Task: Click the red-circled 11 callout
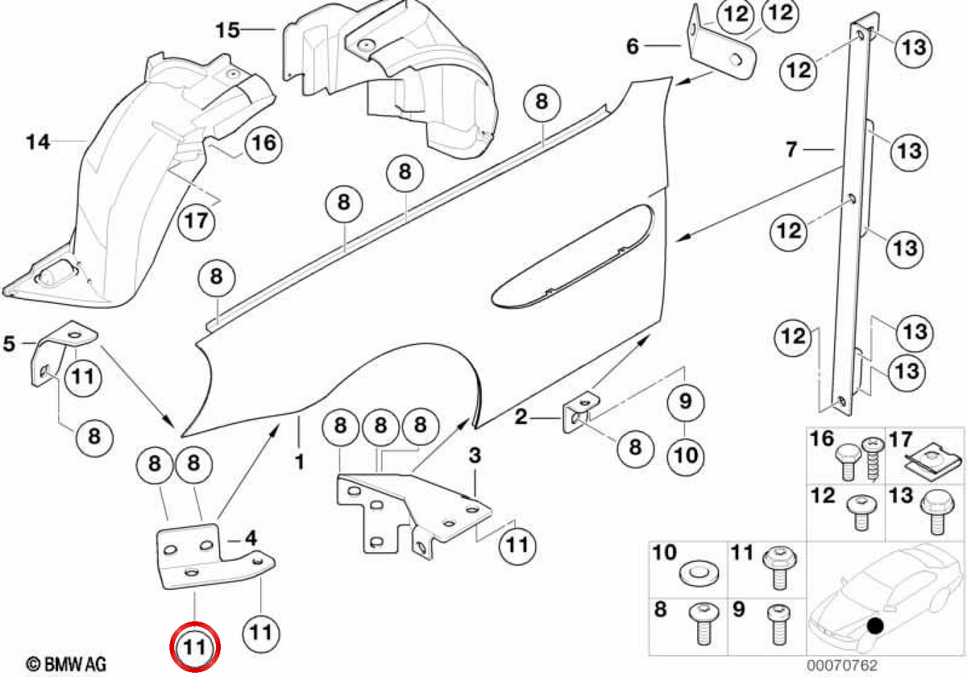[195, 646]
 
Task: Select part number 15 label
[228, 31]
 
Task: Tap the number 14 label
[38, 142]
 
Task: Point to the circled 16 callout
[264, 143]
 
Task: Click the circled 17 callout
[197, 221]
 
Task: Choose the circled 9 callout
[686, 401]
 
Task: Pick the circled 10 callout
[686, 455]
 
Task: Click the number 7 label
[791, 149]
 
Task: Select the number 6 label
[633, 46]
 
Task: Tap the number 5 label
[9, 343]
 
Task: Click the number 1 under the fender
[300, 462]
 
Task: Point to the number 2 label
[521, 417]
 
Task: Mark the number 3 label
[475, 455]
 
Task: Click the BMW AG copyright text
[66, 663]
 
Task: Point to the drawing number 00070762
[842, 665]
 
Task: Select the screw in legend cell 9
[779, 625]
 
